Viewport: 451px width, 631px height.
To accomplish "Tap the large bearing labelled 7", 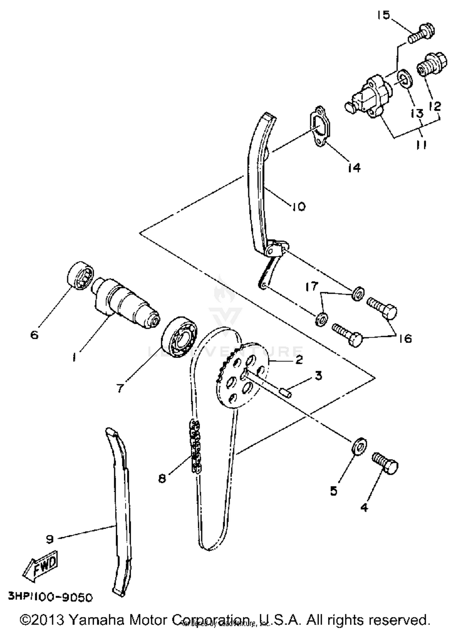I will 179,337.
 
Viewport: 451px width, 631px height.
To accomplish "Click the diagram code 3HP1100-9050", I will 50,597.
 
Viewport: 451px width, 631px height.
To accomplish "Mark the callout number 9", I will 50,539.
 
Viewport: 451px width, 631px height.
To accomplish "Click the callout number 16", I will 405,339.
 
